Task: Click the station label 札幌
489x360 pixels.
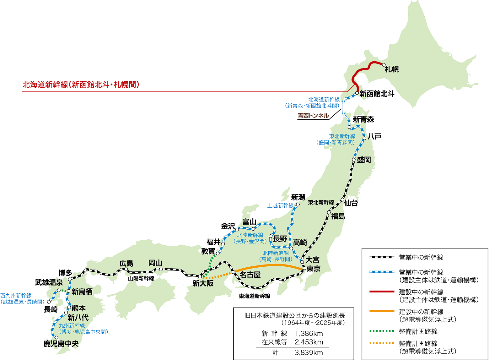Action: pos(392,69)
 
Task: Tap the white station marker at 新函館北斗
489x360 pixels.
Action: pos(357,93)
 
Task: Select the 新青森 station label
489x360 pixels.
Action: pos(363,119)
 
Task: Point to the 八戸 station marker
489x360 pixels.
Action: pos(364,138)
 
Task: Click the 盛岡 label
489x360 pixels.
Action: pos(364,160)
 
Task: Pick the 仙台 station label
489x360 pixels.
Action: pos(351,203)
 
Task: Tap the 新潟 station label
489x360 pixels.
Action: pos(298,197)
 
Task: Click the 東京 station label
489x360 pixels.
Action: pos(313,269)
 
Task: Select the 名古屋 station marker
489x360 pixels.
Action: pos(233,272)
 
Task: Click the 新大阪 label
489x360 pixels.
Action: pos(203,283)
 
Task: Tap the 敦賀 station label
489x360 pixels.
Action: pos(208,251)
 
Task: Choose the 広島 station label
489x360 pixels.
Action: pos(126,263)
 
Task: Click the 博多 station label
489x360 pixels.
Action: pos(66,273)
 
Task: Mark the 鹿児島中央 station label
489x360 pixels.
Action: pos(61,344)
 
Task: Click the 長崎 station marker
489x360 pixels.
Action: pos(49,302)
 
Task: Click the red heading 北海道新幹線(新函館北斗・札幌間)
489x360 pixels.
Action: pos(81,85)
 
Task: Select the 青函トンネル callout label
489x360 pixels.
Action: pos(313,116)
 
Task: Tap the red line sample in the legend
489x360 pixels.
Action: pos(381,292)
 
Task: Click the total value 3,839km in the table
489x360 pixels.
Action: pos(309,352)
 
